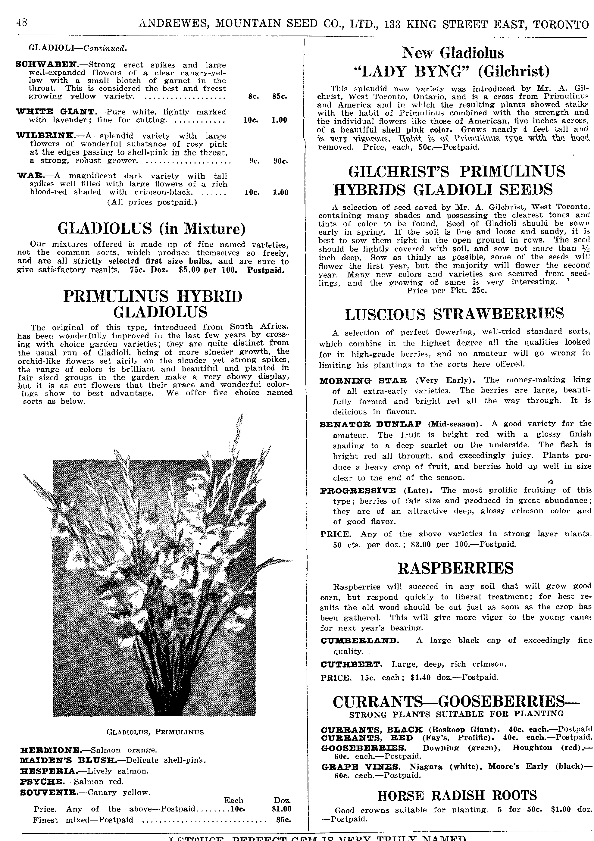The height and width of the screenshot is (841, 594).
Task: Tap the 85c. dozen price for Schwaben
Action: (280, 97)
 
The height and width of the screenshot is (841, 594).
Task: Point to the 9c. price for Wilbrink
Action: (255, 161)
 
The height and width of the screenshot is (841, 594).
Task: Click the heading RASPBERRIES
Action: (455, 568)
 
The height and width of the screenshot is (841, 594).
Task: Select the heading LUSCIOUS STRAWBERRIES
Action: (455, 314)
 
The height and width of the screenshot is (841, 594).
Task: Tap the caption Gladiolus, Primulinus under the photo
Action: (155, 732)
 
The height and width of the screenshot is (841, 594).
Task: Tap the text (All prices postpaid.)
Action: (152, 202)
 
